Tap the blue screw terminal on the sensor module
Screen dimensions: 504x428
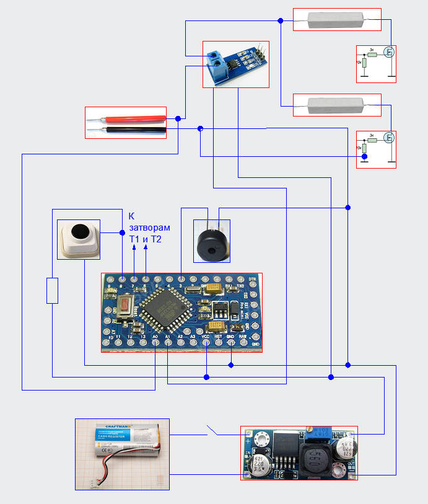tap(216, 61)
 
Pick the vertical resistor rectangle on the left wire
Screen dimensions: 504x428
tap(53, 291)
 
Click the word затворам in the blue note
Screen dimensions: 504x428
tap(149, 228)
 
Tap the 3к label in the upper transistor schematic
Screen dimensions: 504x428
tap(371, 49)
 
